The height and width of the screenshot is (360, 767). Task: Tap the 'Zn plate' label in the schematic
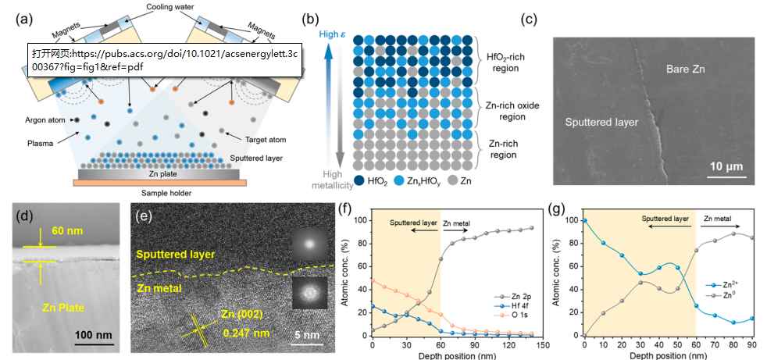click(x=158, y=173)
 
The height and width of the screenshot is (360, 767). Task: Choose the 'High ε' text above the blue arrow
click(x=333, y=34)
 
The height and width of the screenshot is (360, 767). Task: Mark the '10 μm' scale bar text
click(x=726, y=166)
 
